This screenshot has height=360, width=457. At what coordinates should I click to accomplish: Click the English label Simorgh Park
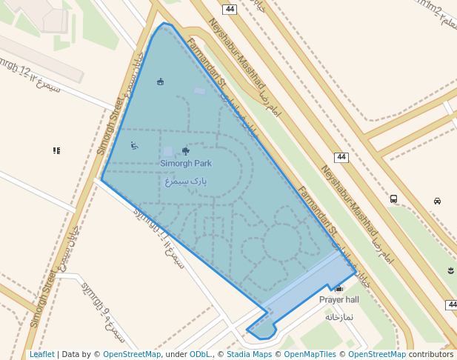[186, 163]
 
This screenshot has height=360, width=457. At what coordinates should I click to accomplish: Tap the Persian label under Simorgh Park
[186, 180]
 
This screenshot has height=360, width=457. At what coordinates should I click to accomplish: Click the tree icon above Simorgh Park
[185, 151]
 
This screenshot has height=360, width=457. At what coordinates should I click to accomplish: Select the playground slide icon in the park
[134, 145]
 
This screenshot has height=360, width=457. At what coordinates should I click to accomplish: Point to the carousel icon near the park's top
[160, 81]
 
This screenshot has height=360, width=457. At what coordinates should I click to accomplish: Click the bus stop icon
[393, 199]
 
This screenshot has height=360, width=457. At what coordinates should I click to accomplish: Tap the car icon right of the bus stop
[438, 201]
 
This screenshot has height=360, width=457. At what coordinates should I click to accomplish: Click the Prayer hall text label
[338, 299]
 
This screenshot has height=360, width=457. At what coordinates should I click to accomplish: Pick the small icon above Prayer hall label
[338, 288]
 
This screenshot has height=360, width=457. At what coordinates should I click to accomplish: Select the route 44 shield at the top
[230, 10]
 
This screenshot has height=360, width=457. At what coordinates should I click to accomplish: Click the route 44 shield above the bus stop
[341, 157]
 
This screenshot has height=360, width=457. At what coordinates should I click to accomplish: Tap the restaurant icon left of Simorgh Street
[56, 150]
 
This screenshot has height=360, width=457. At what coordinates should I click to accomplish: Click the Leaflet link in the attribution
[42, 354]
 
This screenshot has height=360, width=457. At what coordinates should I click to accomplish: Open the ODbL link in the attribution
[199, 354]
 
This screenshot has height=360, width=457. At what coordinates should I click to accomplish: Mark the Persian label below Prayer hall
[338, 316]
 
